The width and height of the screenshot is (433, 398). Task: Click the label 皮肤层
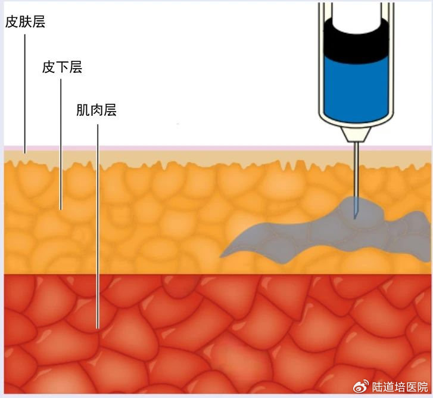tap(25, 23)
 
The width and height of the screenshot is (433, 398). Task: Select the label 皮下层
tap(62, 67)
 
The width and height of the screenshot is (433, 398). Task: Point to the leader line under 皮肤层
tap(25, 90)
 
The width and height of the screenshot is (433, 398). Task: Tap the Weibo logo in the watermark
tap(362, 386)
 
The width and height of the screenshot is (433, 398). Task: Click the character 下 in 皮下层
tap(62, 67)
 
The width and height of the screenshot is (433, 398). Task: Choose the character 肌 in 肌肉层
tap(83, 110)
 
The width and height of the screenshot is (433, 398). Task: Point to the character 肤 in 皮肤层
tap(25, 23)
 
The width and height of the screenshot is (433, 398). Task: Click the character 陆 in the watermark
tap(378, 387)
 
